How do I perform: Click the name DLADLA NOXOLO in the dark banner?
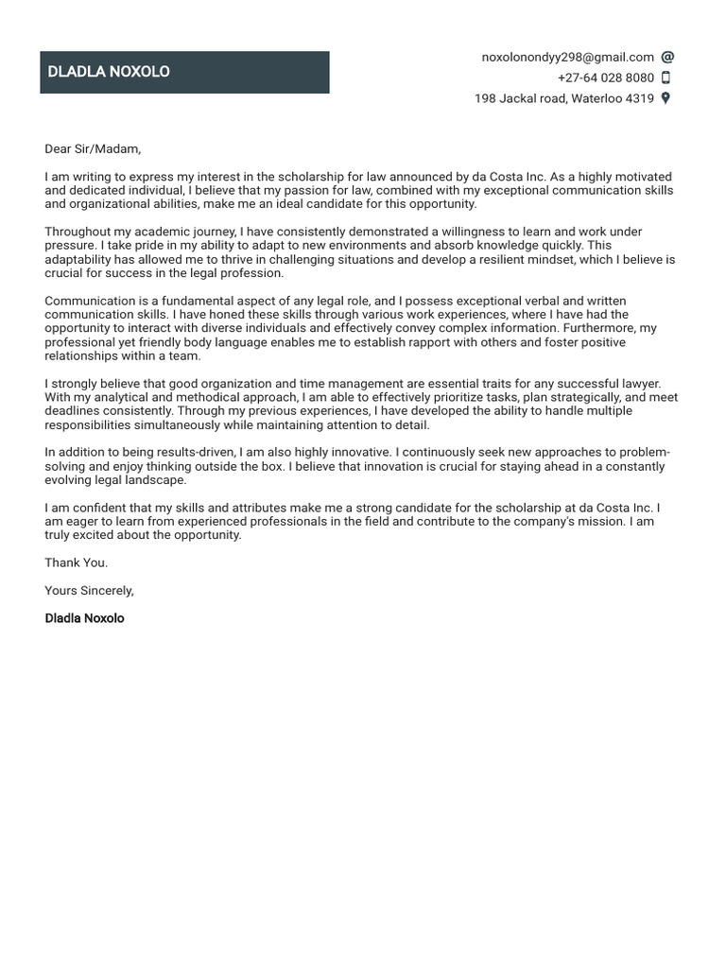click(109, 72)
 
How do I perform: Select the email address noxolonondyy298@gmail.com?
click(567, 58)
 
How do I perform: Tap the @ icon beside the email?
click(666, 58)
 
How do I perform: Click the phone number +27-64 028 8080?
click(605, 78)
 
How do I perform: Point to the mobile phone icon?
click(665, 78)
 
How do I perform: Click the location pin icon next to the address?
click(665, 98)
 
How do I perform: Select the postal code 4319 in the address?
click(640, 98)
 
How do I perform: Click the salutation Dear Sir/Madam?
click(93, 148)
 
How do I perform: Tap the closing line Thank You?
click(77, 562)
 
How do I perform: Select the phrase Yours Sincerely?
click(90, 591)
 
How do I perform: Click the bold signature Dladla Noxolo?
click(84, 618)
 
